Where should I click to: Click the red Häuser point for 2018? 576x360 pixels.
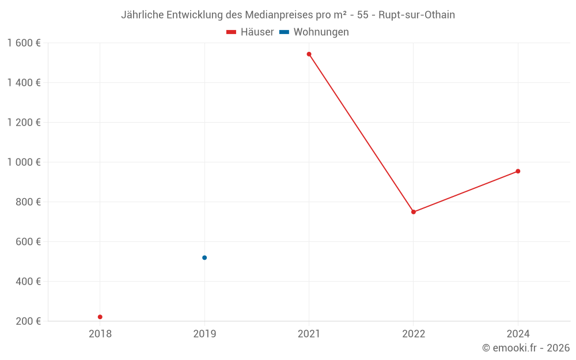click(100, 317)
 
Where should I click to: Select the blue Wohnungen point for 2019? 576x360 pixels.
click(204, 257)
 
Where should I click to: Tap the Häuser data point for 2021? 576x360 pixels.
click(309, 54)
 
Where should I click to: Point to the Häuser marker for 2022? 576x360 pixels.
click(414, 212)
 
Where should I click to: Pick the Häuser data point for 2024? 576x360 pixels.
click(518, 171)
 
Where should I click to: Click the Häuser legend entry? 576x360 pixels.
click(250, 32)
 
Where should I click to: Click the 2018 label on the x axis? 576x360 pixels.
click(100, 334)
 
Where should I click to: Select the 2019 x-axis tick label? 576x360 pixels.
click(204, 334)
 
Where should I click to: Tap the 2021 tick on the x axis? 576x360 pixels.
click(309, 334)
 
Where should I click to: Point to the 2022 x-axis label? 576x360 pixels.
click(414, 334)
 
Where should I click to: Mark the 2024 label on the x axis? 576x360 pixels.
click(518, 334)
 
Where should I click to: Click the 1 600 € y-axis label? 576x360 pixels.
click(24, 43)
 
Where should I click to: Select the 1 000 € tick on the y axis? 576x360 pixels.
click(24, 162)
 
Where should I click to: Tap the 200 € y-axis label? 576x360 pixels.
click(28, 321)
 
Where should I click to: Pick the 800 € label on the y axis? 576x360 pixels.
click(28, 202)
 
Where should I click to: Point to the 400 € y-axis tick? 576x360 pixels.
click(28, 281)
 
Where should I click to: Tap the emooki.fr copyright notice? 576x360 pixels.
click(525, 348)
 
